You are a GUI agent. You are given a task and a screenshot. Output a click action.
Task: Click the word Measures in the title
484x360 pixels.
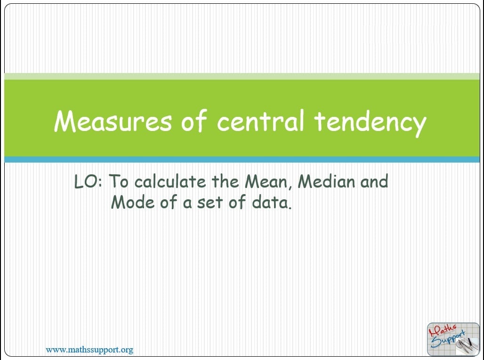point(113,121)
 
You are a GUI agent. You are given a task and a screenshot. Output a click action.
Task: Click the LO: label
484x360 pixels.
point(88,182)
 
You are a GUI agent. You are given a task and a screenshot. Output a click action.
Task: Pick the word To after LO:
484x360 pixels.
point(119,181)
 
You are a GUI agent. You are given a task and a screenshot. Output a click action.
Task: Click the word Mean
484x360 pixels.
point(268,182)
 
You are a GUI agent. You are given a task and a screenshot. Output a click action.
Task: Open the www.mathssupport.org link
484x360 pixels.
point(89,350)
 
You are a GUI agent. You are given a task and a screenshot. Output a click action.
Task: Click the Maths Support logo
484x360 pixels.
point(453,339)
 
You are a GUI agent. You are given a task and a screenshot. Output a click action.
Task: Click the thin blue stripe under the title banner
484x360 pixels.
point(242,159)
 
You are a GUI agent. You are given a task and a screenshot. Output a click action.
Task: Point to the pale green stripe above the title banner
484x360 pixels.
point(242,76)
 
